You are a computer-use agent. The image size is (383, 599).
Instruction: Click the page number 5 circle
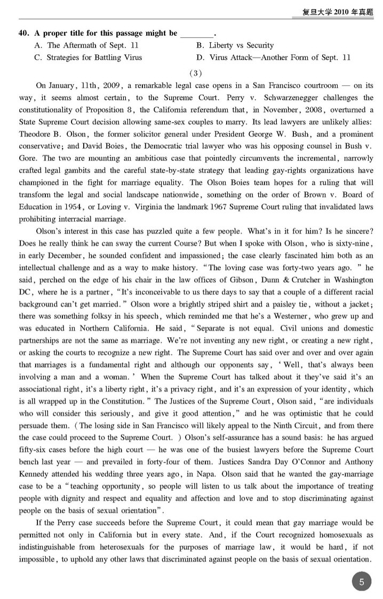tap(361, 582)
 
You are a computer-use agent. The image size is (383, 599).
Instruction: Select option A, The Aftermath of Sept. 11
tap(86, 45)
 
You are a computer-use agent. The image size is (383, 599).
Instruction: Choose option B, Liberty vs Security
tap(235, 45)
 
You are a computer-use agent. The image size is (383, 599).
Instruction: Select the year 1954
tap(83, 207)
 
